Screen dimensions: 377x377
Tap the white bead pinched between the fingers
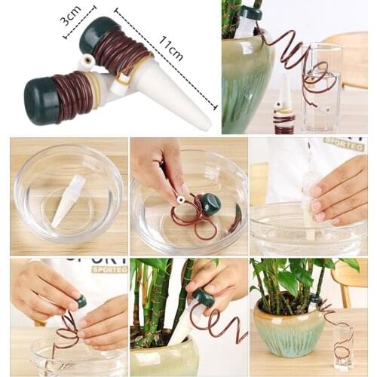pyautogui.click(x=181, y=199)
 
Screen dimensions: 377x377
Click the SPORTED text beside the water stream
pyautogui.click(x=344, y=143)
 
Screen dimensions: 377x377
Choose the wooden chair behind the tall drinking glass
pyautogui.click(x=348, y=60)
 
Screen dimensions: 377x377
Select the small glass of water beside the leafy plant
pyautogui.click(x=343, y=346)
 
